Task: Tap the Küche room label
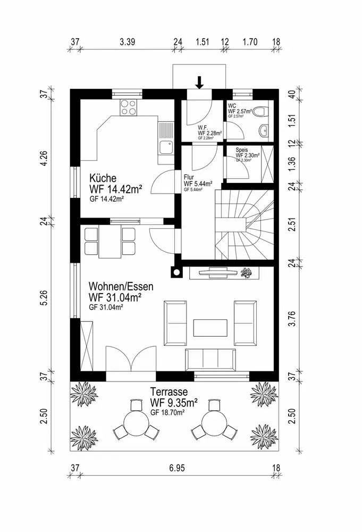(103, 178)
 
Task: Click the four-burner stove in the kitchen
(129, 107)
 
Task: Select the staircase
(243, 223)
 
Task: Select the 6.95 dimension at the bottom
(177, 468)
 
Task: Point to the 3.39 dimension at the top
(127, 41)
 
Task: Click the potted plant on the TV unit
(246, 273)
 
